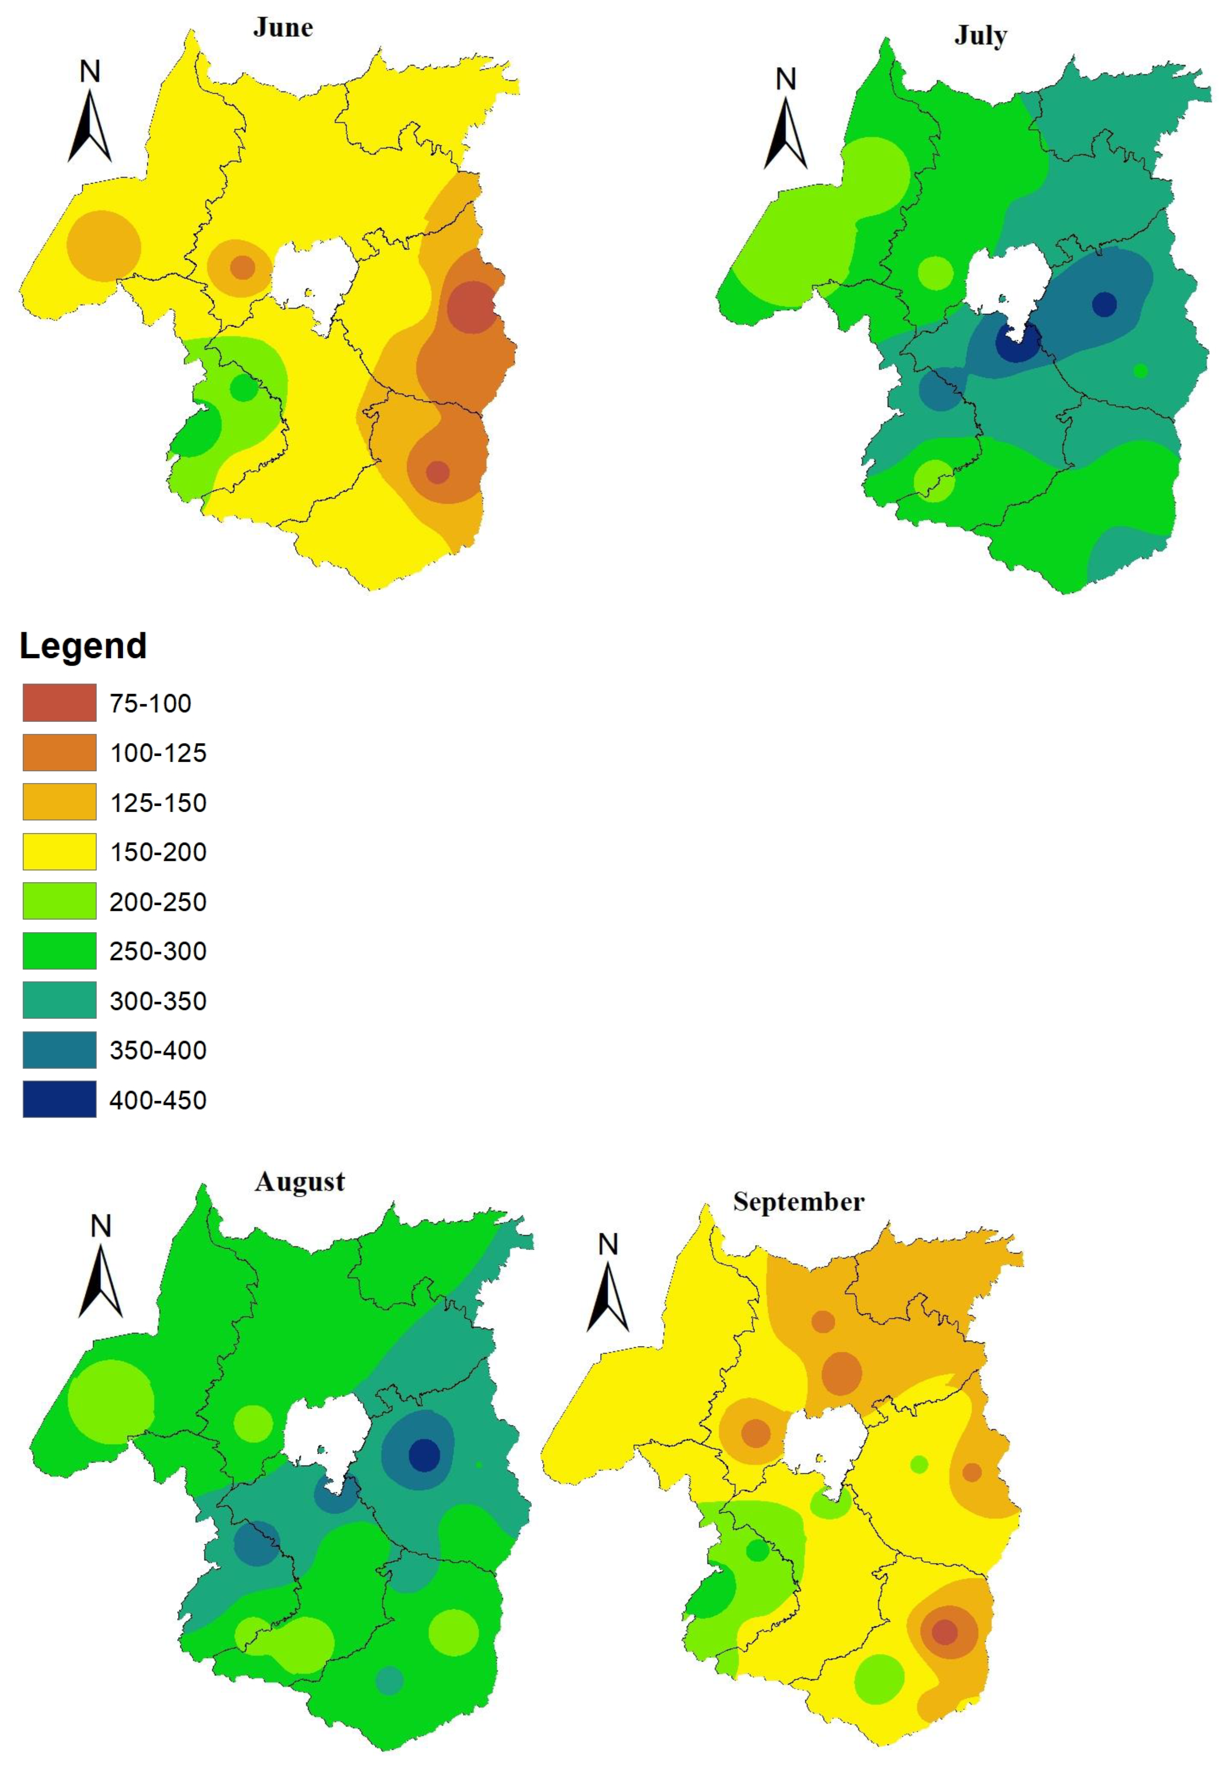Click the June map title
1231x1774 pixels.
pos(283,28)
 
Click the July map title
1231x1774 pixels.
pos(980,35)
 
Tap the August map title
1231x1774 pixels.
pos(300,1182)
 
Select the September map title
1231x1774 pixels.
pos(798,1202)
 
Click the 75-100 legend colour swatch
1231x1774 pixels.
pos(59,703)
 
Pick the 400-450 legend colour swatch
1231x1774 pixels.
pos(59,1099)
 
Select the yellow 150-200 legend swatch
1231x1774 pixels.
pos(59,851)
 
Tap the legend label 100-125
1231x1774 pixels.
pos(158,753)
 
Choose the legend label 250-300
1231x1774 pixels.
pos(158,951)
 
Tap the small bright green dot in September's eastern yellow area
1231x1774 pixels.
pos(919,1464)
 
